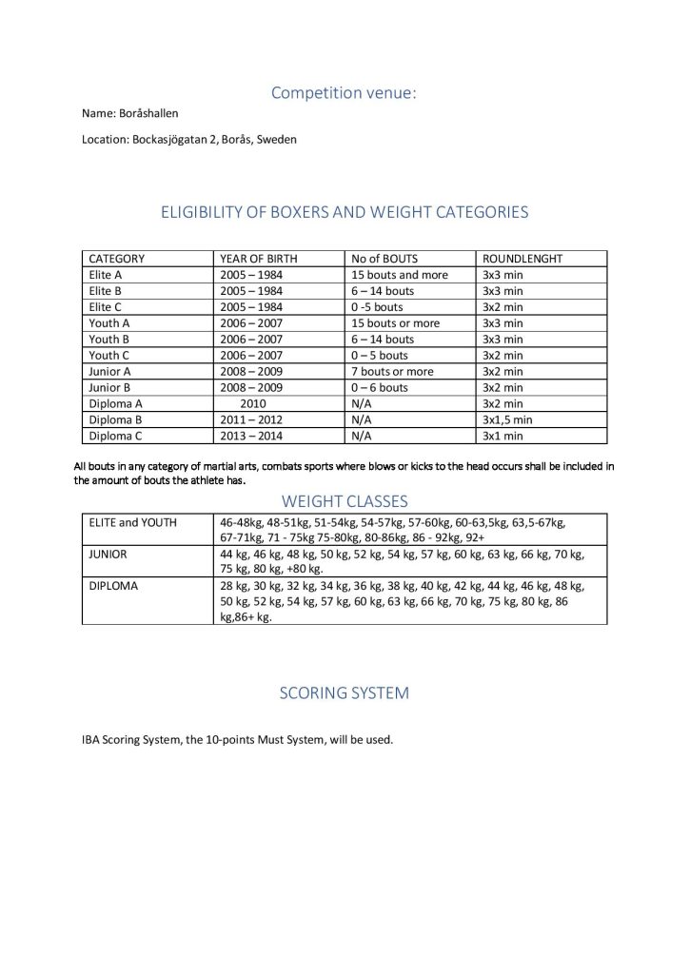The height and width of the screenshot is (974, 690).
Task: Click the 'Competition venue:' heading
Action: pyautogui.click(x=344, y=92)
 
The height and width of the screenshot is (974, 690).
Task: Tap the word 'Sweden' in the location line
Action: pyautogui.click(x=278, y=139)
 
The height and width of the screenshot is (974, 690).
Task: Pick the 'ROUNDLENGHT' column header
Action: pyautogui.click(x=522, y=259)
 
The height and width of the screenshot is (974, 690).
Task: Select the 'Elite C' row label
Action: pyautogui.click(x=106, y=307)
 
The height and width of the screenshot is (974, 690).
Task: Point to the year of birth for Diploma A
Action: pyautogui.click(x=253, y=403)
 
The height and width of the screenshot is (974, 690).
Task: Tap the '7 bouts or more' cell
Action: pyautogui.click(x=392, y=371)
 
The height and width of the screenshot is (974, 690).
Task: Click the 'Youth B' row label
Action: pyautogui.click(x=108, y=339)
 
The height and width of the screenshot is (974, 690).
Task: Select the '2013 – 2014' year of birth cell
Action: pyautogui.click(x=251, y=436)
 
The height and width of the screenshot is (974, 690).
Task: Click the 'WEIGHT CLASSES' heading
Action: pyautogui.click(x=345, y=500)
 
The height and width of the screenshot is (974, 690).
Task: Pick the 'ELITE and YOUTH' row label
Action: pyautogui.click(x=132, y=522)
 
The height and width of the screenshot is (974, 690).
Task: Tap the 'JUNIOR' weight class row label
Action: pyautogui.click(x=109, y=554)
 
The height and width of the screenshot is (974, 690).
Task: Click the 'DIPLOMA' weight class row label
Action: pyautogui.click(x=113, y=586)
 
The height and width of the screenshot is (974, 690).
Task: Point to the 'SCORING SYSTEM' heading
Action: pyautogui.click(x=344, y=692)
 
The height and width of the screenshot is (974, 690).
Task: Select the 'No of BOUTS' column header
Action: pyautogui.click(x=384, y=259)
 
